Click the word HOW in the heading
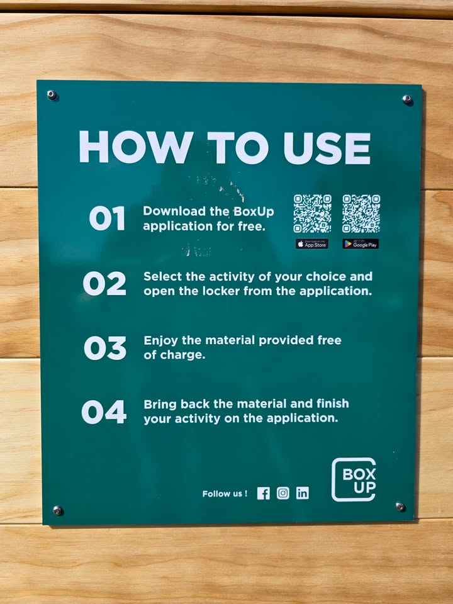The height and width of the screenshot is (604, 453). pyautogui.click(x=136, y=147)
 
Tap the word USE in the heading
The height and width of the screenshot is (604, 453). pyautogui.click(x=327, y=148)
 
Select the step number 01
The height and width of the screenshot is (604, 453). pyautogui.click(x=107, y=218)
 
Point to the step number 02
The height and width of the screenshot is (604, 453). pyautogui.click(x=104, y=284)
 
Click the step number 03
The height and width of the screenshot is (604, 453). pyautogui.click(x=105, y=348)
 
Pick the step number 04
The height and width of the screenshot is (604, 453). pyautogui.click(x=104, y=411)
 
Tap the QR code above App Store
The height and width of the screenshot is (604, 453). pyautogui.click(x=313, y=213)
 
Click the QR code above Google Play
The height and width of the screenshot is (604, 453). pyautogui.click(x=361, y=213)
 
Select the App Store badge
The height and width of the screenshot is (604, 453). pyautogui.click(x=312, y=244)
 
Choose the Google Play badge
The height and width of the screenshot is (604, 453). pyautogui.click(x=361, y=244)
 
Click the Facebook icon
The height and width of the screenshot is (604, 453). pyautogui.click(x=264, y=493)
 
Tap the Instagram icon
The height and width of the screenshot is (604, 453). pyautogui.click(x=283, y=493)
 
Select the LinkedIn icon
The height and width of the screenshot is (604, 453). pyautogui.click(x=303, y=493)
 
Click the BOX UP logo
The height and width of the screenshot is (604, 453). pyautogui.click(x=354, y=479)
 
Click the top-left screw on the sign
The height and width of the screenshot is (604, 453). pyautogui.click(x=52, y=95)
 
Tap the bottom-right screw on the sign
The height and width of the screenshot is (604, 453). pyautogui.click(x=400, y=506)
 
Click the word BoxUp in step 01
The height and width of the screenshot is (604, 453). pyautogui.click(x=254, y=211)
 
